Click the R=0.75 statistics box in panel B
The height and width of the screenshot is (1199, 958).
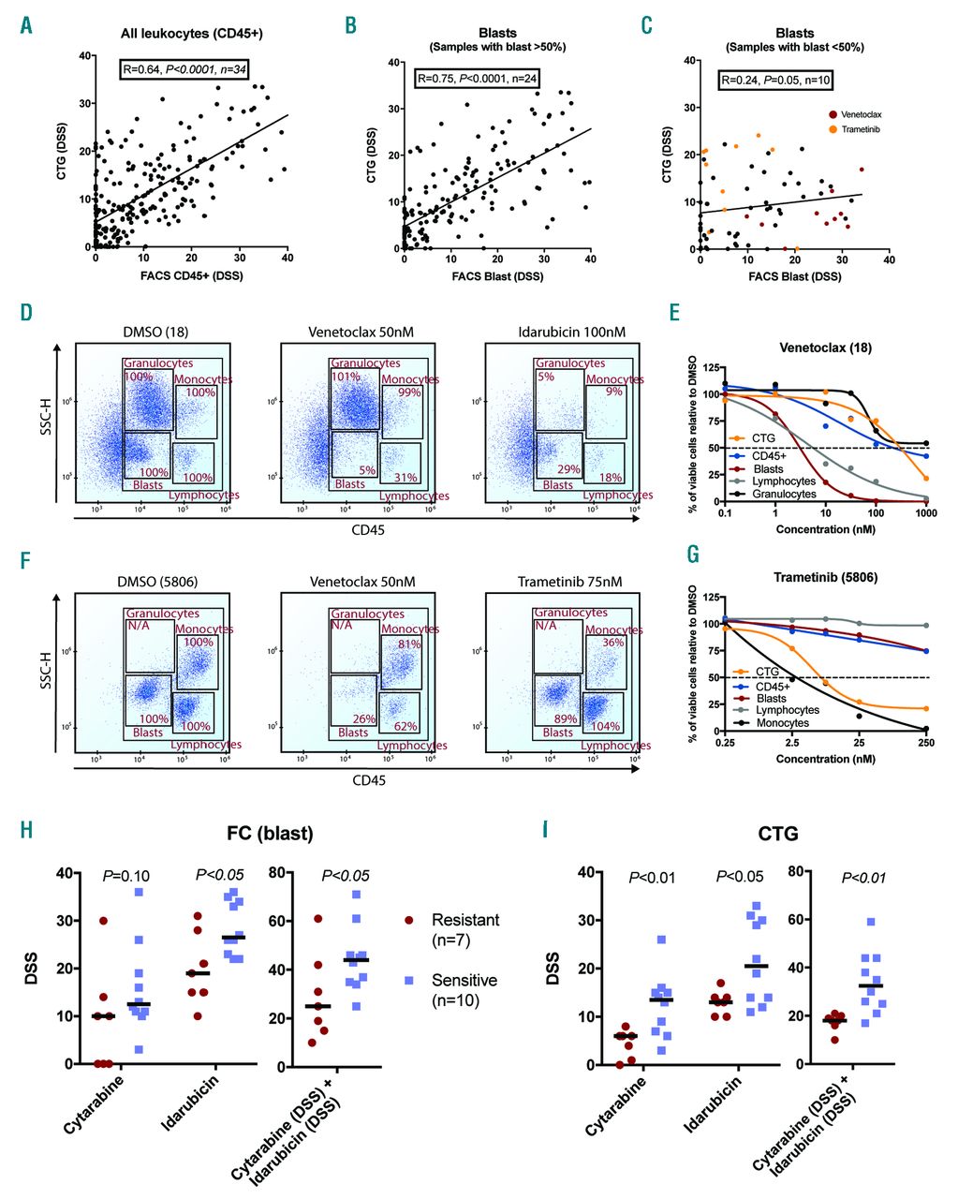pos(477,78)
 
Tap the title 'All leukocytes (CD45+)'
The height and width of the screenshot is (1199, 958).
pos(192,35)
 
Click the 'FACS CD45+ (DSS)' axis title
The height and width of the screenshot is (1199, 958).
pos(193,276)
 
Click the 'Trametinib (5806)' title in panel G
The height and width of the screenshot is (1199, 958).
pos(826,578)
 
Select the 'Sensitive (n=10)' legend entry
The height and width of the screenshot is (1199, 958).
pos(464,989)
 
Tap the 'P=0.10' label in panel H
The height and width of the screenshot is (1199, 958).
pos(127,875)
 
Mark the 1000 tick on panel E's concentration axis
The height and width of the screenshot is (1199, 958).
pos(926,515)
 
